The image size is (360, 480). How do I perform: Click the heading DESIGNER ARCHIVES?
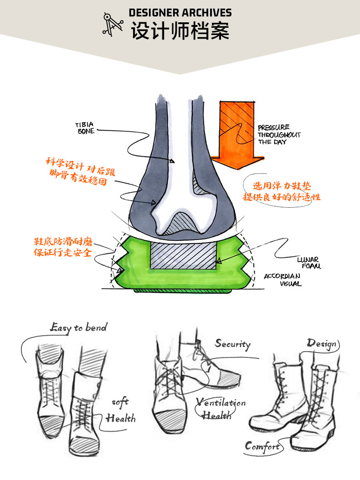(x=180, y=13)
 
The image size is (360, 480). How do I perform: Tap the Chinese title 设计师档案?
(x=180, y=31)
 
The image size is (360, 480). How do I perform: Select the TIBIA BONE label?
(x=85, y=128)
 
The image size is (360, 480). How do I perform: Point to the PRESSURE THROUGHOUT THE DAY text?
(x=279, y=135)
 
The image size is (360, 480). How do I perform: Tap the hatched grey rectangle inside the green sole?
(x=182, y=255)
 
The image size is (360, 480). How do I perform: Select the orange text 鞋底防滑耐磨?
(x=63, y=242)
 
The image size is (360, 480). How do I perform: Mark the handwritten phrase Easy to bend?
(x=78, y=327)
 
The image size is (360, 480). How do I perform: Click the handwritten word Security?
(x=232, y=344)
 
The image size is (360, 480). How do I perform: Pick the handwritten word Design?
(x=322, y=343)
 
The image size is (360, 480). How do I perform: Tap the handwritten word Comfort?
(x=262, y=446)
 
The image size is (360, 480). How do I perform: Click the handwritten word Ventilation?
(x=221, y=403)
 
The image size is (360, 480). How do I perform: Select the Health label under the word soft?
(x=121, y=418)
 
